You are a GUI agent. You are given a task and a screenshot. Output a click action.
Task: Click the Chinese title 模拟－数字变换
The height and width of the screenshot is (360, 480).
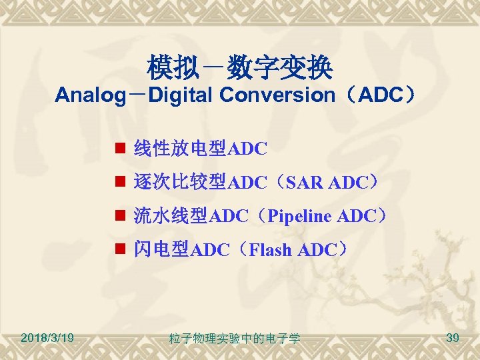coord(239,67)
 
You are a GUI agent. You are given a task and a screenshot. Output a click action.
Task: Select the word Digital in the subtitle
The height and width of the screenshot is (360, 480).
coord(181,95)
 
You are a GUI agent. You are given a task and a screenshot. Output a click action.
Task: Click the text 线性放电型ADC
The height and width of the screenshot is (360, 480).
coord(201,148)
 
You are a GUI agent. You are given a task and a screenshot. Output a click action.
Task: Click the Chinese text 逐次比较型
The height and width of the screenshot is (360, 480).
coord(181,182)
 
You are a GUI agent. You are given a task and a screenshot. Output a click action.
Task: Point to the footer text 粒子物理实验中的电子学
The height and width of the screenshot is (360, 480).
coord(235,339)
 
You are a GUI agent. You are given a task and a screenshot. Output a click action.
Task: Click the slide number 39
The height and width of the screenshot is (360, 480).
coord(452,339)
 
